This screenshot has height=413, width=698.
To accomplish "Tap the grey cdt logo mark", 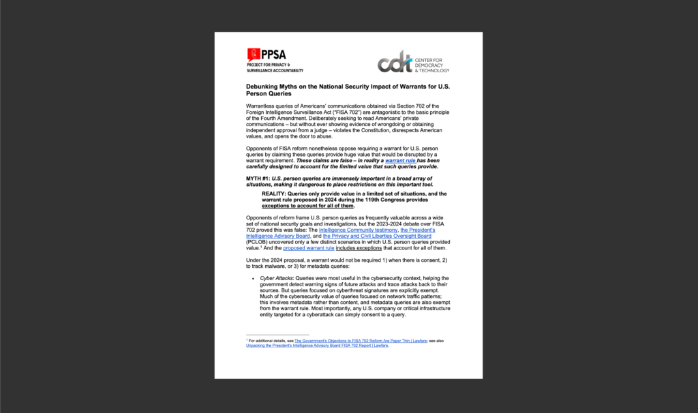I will pyautogui.click(x=395, y=61).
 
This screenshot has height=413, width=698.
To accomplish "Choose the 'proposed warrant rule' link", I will pyautogui.click(x=305, y=247).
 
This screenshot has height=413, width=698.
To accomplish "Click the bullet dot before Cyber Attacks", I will pyautogui.click(x=253, y=278).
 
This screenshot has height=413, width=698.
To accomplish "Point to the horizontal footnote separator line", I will pyautogui.click(x=277, y=334).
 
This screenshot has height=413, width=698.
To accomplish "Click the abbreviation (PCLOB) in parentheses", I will pyautogui.click(x=258, y=242).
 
